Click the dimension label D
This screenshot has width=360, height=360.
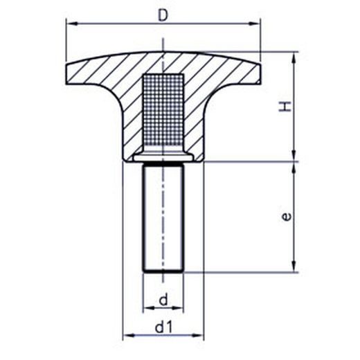(163, 15)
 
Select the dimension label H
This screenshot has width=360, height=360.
(285, 107)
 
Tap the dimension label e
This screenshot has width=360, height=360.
(287, 217)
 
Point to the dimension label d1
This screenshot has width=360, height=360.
(163, 327)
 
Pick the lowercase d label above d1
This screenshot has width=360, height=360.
(163, 300)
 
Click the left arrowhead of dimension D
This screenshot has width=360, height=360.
(71, 24)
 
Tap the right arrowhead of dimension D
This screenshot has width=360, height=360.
(255, 24)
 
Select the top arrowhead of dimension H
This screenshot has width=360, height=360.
(294, 57)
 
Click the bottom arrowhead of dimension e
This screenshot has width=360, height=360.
(294, 267)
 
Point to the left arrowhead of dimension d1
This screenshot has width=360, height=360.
(128, 335)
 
